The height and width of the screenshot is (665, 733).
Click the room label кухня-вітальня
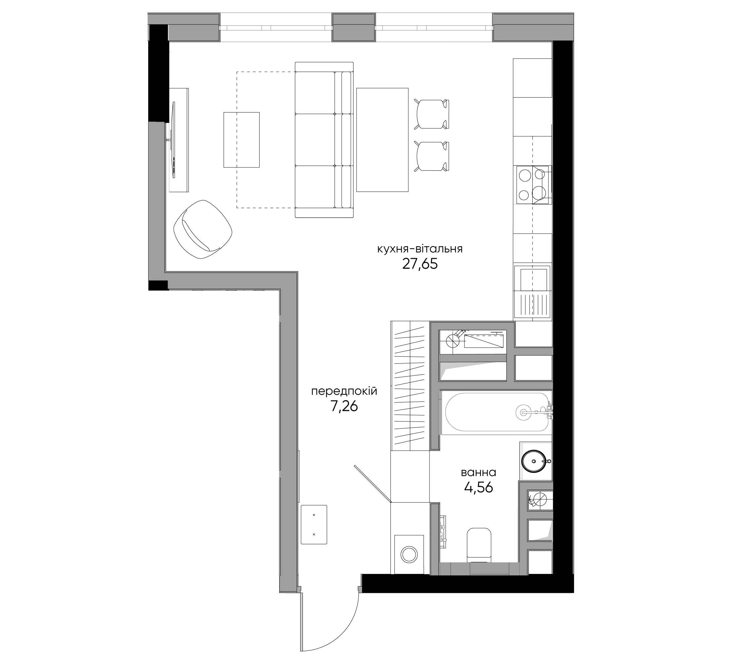[420, 249]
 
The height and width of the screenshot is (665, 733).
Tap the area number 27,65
[420, 264]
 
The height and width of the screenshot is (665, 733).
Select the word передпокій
[344, 392]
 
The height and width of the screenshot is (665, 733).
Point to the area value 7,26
[344, 406]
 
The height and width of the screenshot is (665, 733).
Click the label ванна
[478, 473]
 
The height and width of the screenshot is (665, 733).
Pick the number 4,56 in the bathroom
[478, 487]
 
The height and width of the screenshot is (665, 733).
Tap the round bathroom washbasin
[533, 461]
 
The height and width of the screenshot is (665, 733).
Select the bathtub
[497, 412]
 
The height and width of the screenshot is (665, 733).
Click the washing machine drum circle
[409, 554]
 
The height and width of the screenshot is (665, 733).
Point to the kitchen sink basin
[533, 279]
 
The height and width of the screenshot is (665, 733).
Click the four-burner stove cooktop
[533, 185]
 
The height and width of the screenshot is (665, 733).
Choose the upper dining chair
[432, 114]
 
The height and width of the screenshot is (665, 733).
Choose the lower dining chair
[432, 156]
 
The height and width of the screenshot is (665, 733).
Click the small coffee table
[241, 140]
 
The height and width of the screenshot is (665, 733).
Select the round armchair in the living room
[203, 229]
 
